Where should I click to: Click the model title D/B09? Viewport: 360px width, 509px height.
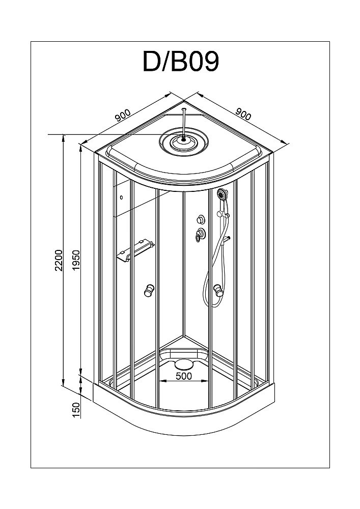coord(181,62)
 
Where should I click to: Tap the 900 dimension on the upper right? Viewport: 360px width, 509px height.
coord(244,115)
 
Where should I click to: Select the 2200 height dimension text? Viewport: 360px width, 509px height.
coord(59,260)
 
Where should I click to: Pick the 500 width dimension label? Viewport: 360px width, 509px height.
coord(183,376)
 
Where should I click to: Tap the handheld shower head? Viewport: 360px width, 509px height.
coord(222,194)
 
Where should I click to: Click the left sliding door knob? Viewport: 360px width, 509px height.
coord(149,291)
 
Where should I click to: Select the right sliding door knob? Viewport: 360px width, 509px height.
coord(219,291)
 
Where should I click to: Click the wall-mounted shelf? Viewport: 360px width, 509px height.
coord(135,252)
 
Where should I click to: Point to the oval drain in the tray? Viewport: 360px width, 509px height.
coord(183,363)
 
